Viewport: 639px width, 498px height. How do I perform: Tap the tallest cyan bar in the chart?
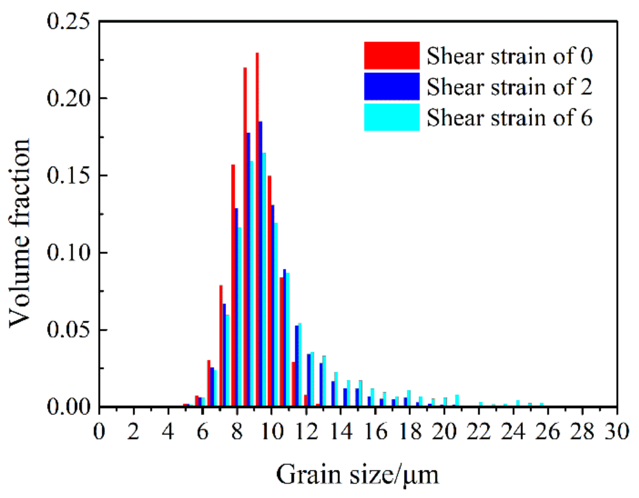click(263, 279)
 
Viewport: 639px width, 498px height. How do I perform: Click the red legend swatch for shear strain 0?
click(391, 55)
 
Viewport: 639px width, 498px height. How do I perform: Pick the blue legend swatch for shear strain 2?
click(391, 86)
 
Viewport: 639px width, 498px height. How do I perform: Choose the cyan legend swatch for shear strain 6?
click(391, 117)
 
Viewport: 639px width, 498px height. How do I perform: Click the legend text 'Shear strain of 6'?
click(509, 118)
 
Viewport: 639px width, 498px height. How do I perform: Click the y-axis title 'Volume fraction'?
click(19, 233)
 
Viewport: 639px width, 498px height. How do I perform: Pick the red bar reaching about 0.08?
click(221, 346)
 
